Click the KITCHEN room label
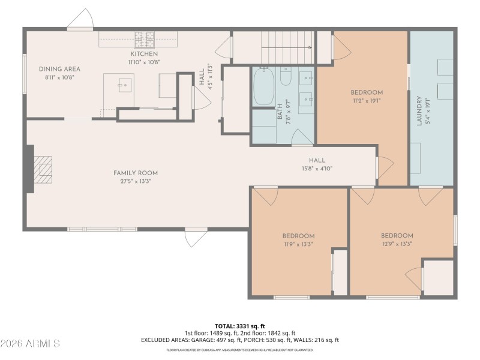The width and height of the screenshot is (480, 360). [143, 54]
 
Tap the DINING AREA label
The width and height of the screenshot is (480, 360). [59, 69]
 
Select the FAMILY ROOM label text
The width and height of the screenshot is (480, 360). [136, 173]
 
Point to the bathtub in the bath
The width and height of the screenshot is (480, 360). [263, 88]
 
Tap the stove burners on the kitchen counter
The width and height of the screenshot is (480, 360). [144, 40]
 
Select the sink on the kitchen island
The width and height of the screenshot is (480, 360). [125, 85]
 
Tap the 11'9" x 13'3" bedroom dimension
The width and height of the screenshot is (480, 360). [298, 245]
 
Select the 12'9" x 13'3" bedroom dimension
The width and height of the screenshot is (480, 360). [397, 244]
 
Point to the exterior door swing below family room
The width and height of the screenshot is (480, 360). [194, 238]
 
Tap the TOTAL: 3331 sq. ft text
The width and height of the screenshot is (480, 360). [239, 326]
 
